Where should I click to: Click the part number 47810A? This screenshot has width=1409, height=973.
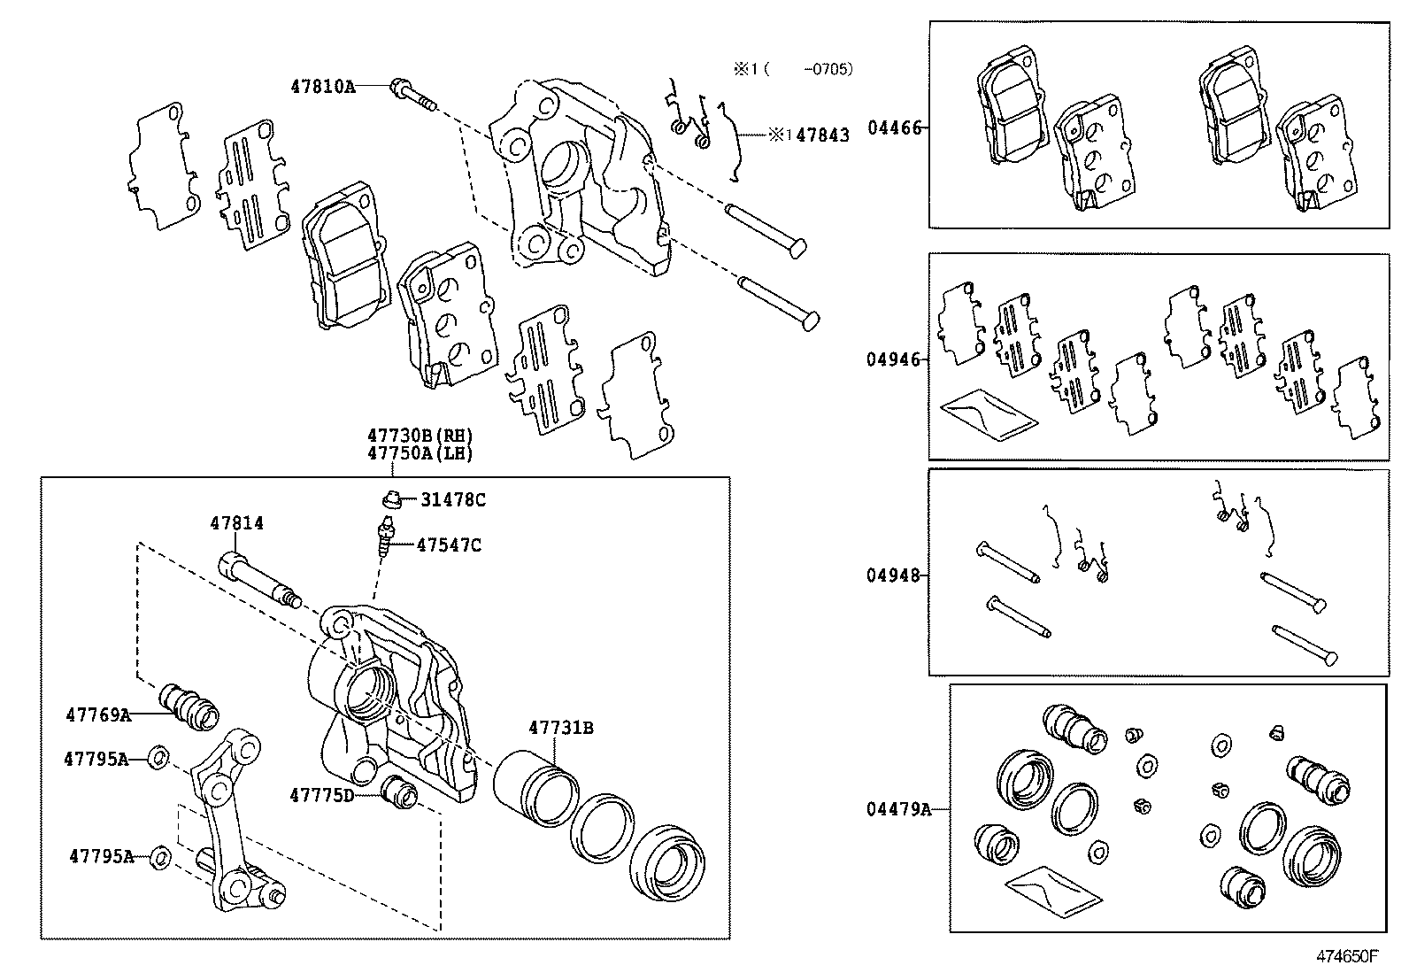[x=322, y=86]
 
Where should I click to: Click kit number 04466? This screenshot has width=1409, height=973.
[x=894, y=127]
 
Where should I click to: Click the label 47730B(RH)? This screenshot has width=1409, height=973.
[x=420, y=436]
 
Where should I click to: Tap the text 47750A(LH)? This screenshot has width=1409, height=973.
[x=420, y=453]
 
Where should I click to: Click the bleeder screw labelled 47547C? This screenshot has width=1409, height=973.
[x=386, y=540]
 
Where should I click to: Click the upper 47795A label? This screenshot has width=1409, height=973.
[x=96, y=759]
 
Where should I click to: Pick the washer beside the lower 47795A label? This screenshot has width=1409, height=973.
[x=161, y=856]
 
